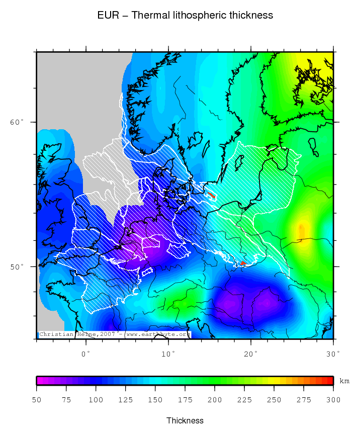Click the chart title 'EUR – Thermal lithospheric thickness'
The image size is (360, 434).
[x=185, y=16]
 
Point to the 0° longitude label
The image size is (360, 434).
[x=86, y=354]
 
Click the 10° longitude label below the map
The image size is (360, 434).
[x=168, y=354]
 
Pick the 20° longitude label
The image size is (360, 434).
[x=251, y=354]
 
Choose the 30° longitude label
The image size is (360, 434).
[x=333, y=354]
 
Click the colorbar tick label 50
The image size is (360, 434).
[x=37, y=400]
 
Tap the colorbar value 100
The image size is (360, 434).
[x=96, y=400]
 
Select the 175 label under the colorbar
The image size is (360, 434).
[x=185, y=400]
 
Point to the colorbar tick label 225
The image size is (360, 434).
[x=244, y=400]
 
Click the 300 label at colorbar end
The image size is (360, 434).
[x=333, y=400]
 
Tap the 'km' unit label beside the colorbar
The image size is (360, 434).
[x=344, y=381]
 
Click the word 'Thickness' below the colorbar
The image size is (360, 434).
[x=185, y=420]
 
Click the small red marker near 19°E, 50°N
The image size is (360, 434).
[x=243, y=263]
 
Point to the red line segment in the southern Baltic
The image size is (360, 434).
[x=212, y=194]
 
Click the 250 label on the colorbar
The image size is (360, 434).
[x=274, y=400]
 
